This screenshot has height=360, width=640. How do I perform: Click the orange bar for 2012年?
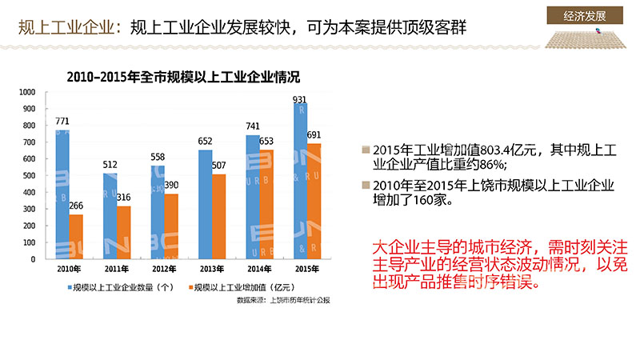point(171,226)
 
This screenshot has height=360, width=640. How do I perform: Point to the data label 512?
point(110,165)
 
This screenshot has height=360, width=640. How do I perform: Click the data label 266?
point(76,206)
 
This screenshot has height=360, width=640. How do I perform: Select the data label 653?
point(267,141)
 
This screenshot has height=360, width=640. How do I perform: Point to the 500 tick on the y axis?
point(30,176)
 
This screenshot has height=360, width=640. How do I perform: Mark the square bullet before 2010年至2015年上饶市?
point(366,186)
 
